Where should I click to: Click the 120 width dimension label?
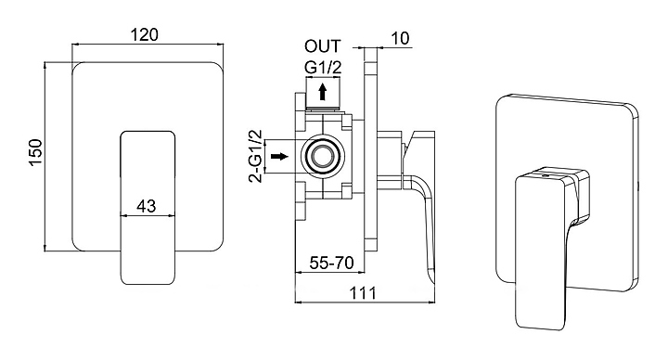144,35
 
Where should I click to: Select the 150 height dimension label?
35,152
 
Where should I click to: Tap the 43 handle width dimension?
147,206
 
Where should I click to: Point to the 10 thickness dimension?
399,38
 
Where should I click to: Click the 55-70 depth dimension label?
331,263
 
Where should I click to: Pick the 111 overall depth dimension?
364,293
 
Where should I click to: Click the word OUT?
323,46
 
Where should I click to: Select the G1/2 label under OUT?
323,68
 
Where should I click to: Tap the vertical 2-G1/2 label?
256,155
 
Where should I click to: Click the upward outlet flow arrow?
323,92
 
